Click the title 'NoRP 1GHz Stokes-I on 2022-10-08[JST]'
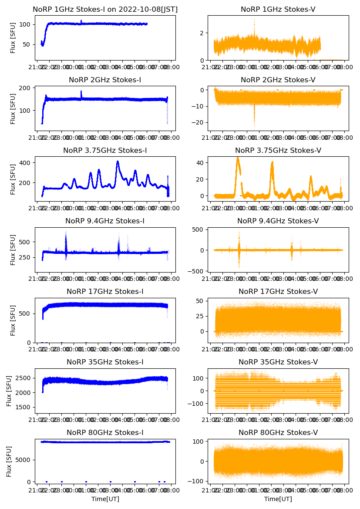pyautogui.click(x=105, y=9)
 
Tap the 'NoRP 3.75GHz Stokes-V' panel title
pyautogui.click(x=278, y=150)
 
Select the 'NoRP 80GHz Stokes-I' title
pyautogui.click(x=105, y=432)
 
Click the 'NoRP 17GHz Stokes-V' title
pyautogui.click(x=278, y=291)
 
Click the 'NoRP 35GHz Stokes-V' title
pyautogui.click(x=278, y=362)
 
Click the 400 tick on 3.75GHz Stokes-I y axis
pyautogui.click(x=26, y=162)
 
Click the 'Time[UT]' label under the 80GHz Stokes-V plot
pyautogui.click(x=278, y=499)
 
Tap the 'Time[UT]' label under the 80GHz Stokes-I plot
pyautogui.click(x=105, y=499)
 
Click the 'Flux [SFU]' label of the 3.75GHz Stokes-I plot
pyautogui.click(x=13, y=179)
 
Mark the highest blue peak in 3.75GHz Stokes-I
pyautogui.click(x=118, y=162)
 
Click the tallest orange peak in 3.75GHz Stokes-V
pyautogui.click(x=238, y=157)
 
